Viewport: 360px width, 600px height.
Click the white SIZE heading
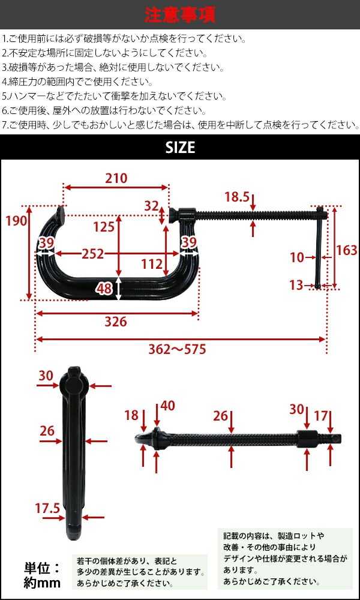click(180, 147)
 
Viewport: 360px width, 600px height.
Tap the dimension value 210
click(116, 178)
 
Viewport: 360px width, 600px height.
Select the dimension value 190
click(17, 221)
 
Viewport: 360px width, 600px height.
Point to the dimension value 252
click(93, 254)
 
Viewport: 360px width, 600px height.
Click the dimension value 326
click(115, 322)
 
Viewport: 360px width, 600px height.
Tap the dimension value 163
click(347, 250)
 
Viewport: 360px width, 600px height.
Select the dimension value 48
click(104, 289)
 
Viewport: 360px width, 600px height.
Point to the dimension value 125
click(103, 227)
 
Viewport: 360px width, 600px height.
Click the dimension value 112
click(152, 263)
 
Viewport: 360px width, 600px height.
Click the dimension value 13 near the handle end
click(296, 285)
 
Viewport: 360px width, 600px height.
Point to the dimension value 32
click(151, 206)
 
